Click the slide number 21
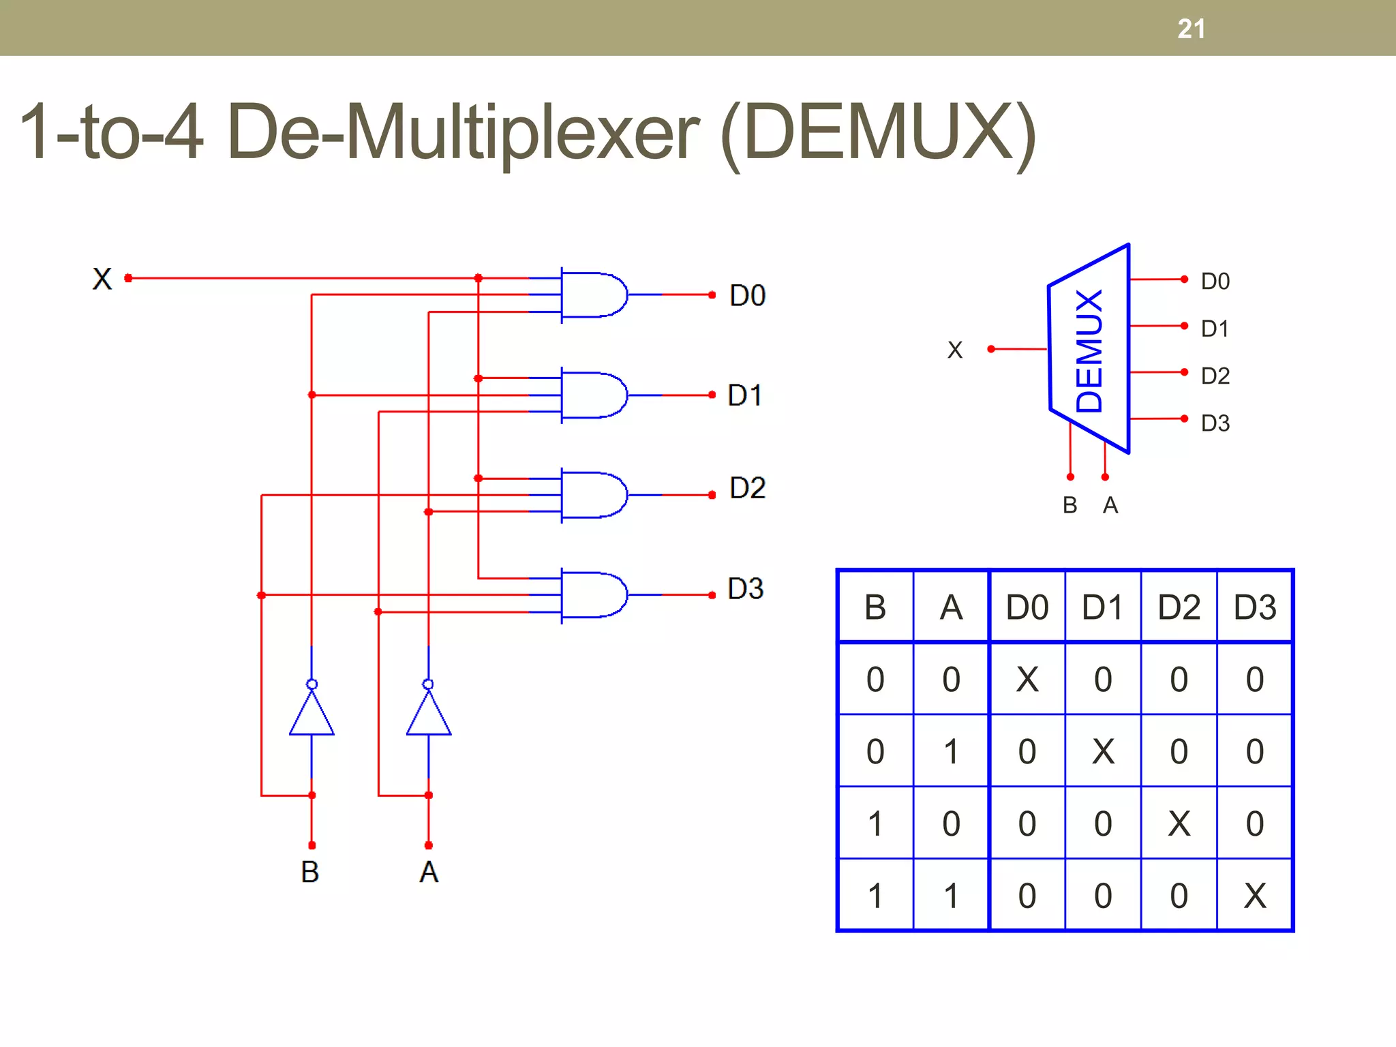tap(1191, 29)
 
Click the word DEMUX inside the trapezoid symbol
tap(1089, 350)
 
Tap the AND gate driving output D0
tap(592, 294)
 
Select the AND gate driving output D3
tap(592, 595)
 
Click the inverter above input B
tap(312, 712)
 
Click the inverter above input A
tap(428, 712)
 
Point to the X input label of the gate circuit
tap(102, 279)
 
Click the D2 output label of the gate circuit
tap(747, 488)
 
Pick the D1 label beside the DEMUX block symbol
tap(1215, 329)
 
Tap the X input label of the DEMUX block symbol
tap(954, 350)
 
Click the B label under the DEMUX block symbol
tap(1069, 505)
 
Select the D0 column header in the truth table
tap(1027, 607)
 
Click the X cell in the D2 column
tap(1179, 823)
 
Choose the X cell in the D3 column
tap(1254, 896)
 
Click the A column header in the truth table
tap(951, 607)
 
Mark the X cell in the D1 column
tap(1103, 752)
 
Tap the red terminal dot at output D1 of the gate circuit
tap(712, 395)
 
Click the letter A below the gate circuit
tap(428, 872)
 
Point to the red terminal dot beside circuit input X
tap(128, 278)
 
